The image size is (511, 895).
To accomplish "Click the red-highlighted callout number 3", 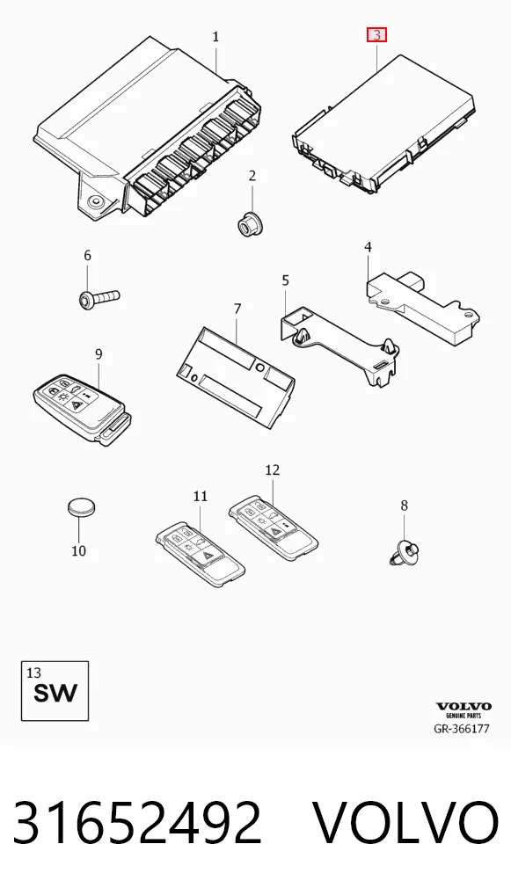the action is click(376, 35).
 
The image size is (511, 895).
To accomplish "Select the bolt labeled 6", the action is click(98, 297).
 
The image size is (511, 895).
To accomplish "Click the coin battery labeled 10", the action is click(82, 506).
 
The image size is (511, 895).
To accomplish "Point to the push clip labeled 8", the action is click(405, 552).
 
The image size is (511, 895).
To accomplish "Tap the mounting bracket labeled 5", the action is click(339, 346).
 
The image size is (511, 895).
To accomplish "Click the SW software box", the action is click(55, 691).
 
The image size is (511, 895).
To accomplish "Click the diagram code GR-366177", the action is click(462, 729).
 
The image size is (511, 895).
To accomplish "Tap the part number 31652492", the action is click(137, 823).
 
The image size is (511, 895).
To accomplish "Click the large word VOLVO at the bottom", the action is click(406, 823).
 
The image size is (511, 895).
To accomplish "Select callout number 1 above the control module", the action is click(215, 37).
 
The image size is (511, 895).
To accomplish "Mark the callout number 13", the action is click(33, 673).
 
